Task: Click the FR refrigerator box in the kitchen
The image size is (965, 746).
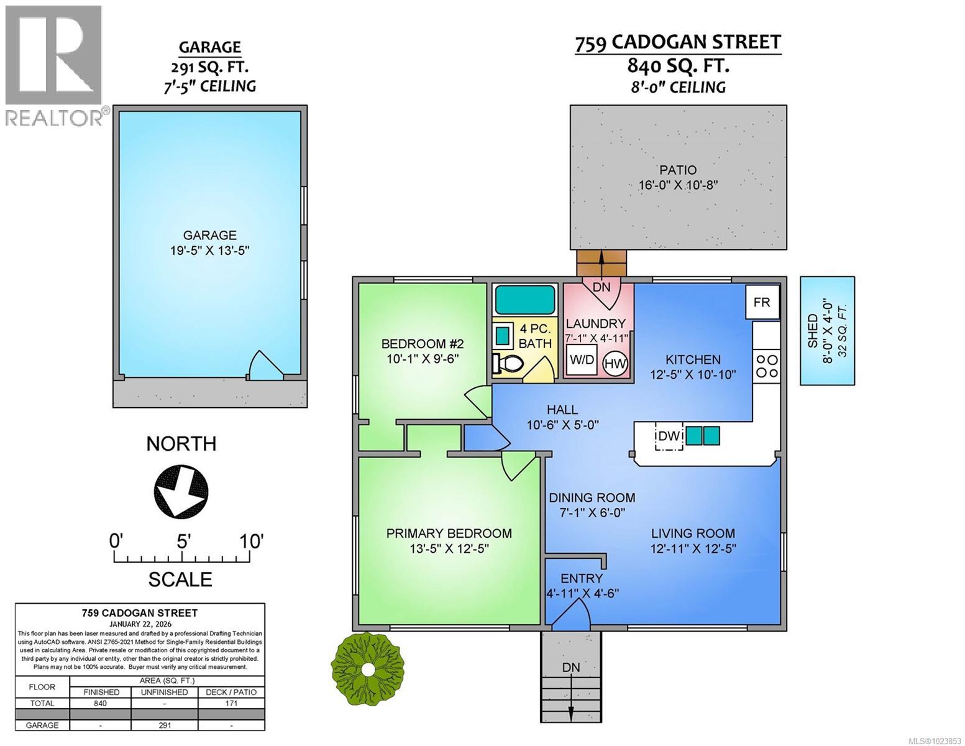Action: coord(762,302)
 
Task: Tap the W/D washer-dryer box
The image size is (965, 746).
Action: coord(582,360)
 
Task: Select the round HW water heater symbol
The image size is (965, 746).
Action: coord(615,364)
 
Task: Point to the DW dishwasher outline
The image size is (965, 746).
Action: coord(669,436)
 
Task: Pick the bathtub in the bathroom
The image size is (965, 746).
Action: coord(525,300)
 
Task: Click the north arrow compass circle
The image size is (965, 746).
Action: coord(181,491)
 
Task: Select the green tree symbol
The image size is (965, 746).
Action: coord(368,670)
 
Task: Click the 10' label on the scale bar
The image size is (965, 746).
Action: coord(252,541)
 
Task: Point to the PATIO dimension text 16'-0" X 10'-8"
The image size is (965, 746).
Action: coord(678,185)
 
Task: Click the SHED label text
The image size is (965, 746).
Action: coord(813,331)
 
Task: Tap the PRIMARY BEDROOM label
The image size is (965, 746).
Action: coord(449,533)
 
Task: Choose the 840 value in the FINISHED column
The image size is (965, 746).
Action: coord(101,703)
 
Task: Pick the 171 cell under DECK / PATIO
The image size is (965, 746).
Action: coord(231,703)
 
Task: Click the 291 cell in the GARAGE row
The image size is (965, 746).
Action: coord(164,725)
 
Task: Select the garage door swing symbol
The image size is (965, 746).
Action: coord(265,365)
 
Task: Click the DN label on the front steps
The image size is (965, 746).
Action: coord(571,667)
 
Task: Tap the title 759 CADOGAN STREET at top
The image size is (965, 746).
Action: coord(678,43)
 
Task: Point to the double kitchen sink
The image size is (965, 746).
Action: coord(703,436)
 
